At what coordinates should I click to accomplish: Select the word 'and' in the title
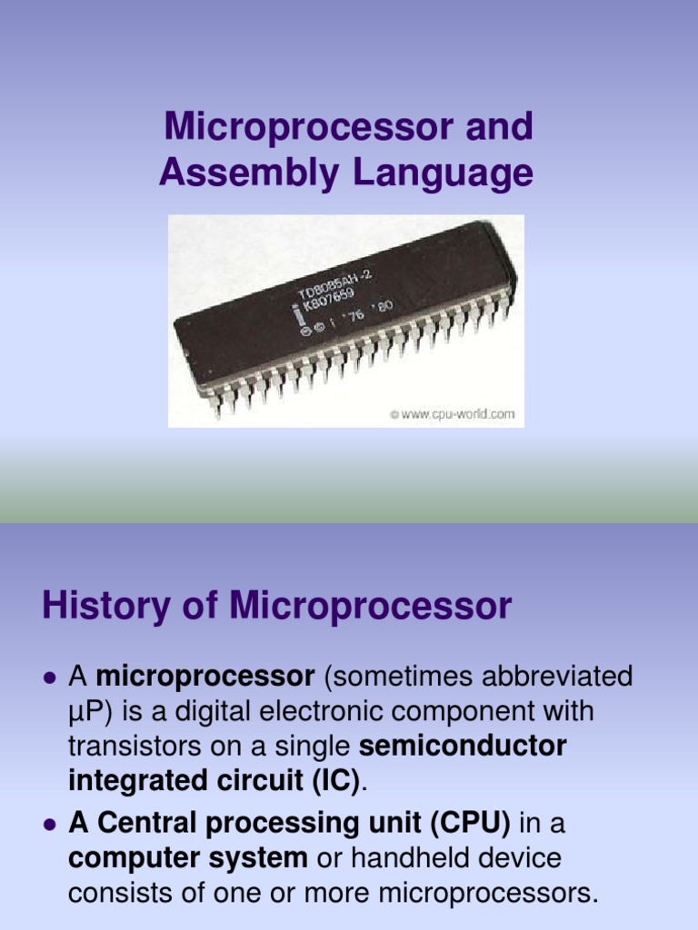pos(498,127)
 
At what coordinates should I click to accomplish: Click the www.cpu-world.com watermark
pos(452,414)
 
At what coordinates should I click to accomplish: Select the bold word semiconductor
pos(464,747)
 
